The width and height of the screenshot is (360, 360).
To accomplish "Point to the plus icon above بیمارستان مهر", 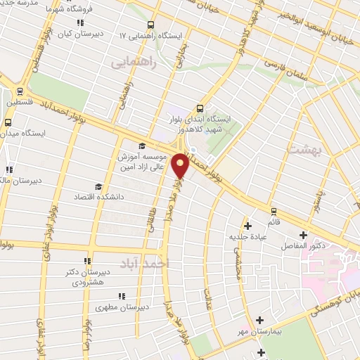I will click(x=261, y=320).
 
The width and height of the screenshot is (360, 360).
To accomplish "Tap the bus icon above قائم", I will click(x=274, y=211).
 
